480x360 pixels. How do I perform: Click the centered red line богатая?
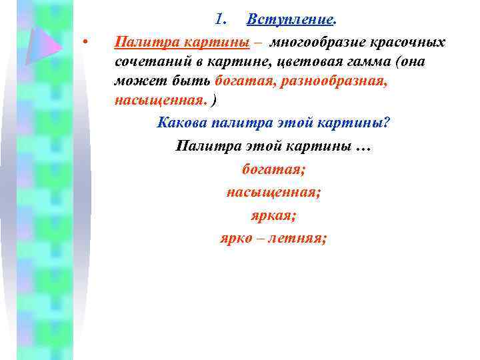pos(274,169)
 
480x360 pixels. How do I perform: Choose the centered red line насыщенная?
pos(274,192)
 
